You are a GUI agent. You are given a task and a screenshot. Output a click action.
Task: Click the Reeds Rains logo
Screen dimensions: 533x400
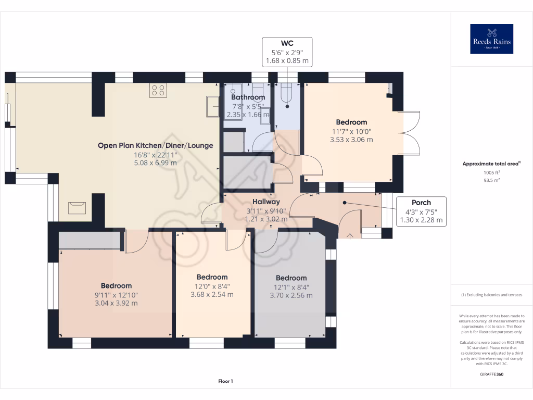tap(491, 39)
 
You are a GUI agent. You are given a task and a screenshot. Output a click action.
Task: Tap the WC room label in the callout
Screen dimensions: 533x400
tap(287, 43)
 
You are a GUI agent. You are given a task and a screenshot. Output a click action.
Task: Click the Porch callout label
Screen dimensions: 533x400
tap(421, 203)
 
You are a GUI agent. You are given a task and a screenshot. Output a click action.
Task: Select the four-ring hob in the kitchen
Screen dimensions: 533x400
tap(158, 91)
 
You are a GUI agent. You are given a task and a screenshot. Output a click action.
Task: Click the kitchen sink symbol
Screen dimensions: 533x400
tap(212, 106)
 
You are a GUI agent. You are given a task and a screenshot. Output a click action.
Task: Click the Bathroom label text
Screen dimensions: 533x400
tap(248, 97)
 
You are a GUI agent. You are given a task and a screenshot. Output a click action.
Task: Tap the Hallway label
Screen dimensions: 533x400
tap(266, 202)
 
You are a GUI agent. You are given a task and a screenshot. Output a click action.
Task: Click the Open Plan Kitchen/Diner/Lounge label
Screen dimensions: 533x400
tap(155, 146)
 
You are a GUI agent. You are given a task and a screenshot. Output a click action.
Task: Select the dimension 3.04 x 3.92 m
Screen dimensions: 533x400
tap(116, 303)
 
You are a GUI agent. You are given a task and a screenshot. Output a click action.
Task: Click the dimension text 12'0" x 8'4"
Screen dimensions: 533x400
tap(212, 286)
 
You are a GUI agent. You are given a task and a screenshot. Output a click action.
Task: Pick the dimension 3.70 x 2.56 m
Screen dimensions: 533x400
tap(291, 295)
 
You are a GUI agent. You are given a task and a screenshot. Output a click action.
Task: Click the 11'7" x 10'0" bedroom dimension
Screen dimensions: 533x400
tap(351, 131)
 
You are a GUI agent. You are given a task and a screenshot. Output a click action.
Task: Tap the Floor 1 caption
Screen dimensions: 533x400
tap(226, 381)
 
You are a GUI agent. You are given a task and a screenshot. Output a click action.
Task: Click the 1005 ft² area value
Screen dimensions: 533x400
tap(491, 172)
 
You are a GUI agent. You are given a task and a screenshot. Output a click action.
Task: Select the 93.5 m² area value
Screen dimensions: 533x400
tap(491, 180)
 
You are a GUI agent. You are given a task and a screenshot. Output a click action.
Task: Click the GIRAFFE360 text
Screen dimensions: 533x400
tap(491, 374)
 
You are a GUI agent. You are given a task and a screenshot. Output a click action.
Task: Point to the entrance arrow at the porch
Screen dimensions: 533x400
tap(350, 236)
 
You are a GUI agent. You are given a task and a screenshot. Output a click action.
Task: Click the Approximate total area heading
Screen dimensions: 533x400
tap(491, 164)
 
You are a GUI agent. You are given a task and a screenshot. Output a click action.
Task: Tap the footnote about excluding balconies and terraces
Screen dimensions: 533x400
tap(491, 295)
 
